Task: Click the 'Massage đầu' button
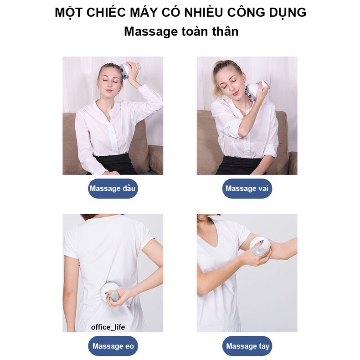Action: tap(113, 189)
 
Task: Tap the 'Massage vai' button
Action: tap(247, 189)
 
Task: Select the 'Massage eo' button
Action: tap(113, 346)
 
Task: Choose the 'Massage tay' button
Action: tap(247, 346)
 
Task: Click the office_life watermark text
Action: tap(108, 327)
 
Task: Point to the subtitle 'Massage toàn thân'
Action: tap(181, 32)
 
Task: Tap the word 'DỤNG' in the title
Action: tap(288, 12)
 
